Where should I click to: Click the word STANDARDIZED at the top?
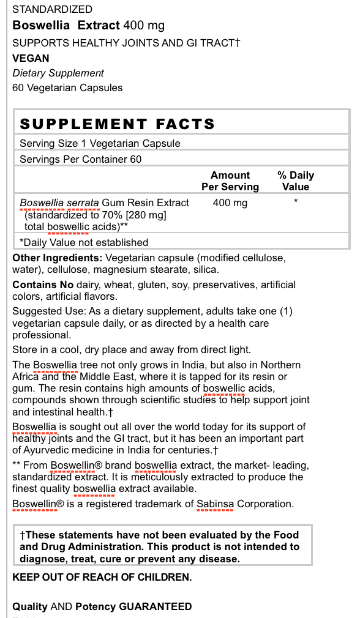53,9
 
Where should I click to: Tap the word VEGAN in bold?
31,58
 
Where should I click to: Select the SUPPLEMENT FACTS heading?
118,124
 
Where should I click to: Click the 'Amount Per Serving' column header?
230,181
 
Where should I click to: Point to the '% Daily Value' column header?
296,181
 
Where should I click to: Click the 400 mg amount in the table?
230,203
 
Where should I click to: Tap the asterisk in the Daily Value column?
296,201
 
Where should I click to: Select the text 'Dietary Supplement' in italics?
58,73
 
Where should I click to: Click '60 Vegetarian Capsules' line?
67,87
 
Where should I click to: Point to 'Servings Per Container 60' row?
81,159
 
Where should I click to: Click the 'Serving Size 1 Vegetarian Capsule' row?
100,143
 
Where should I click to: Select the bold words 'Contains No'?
43,285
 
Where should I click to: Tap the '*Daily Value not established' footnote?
84,242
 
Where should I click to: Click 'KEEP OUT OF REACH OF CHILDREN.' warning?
102,577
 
